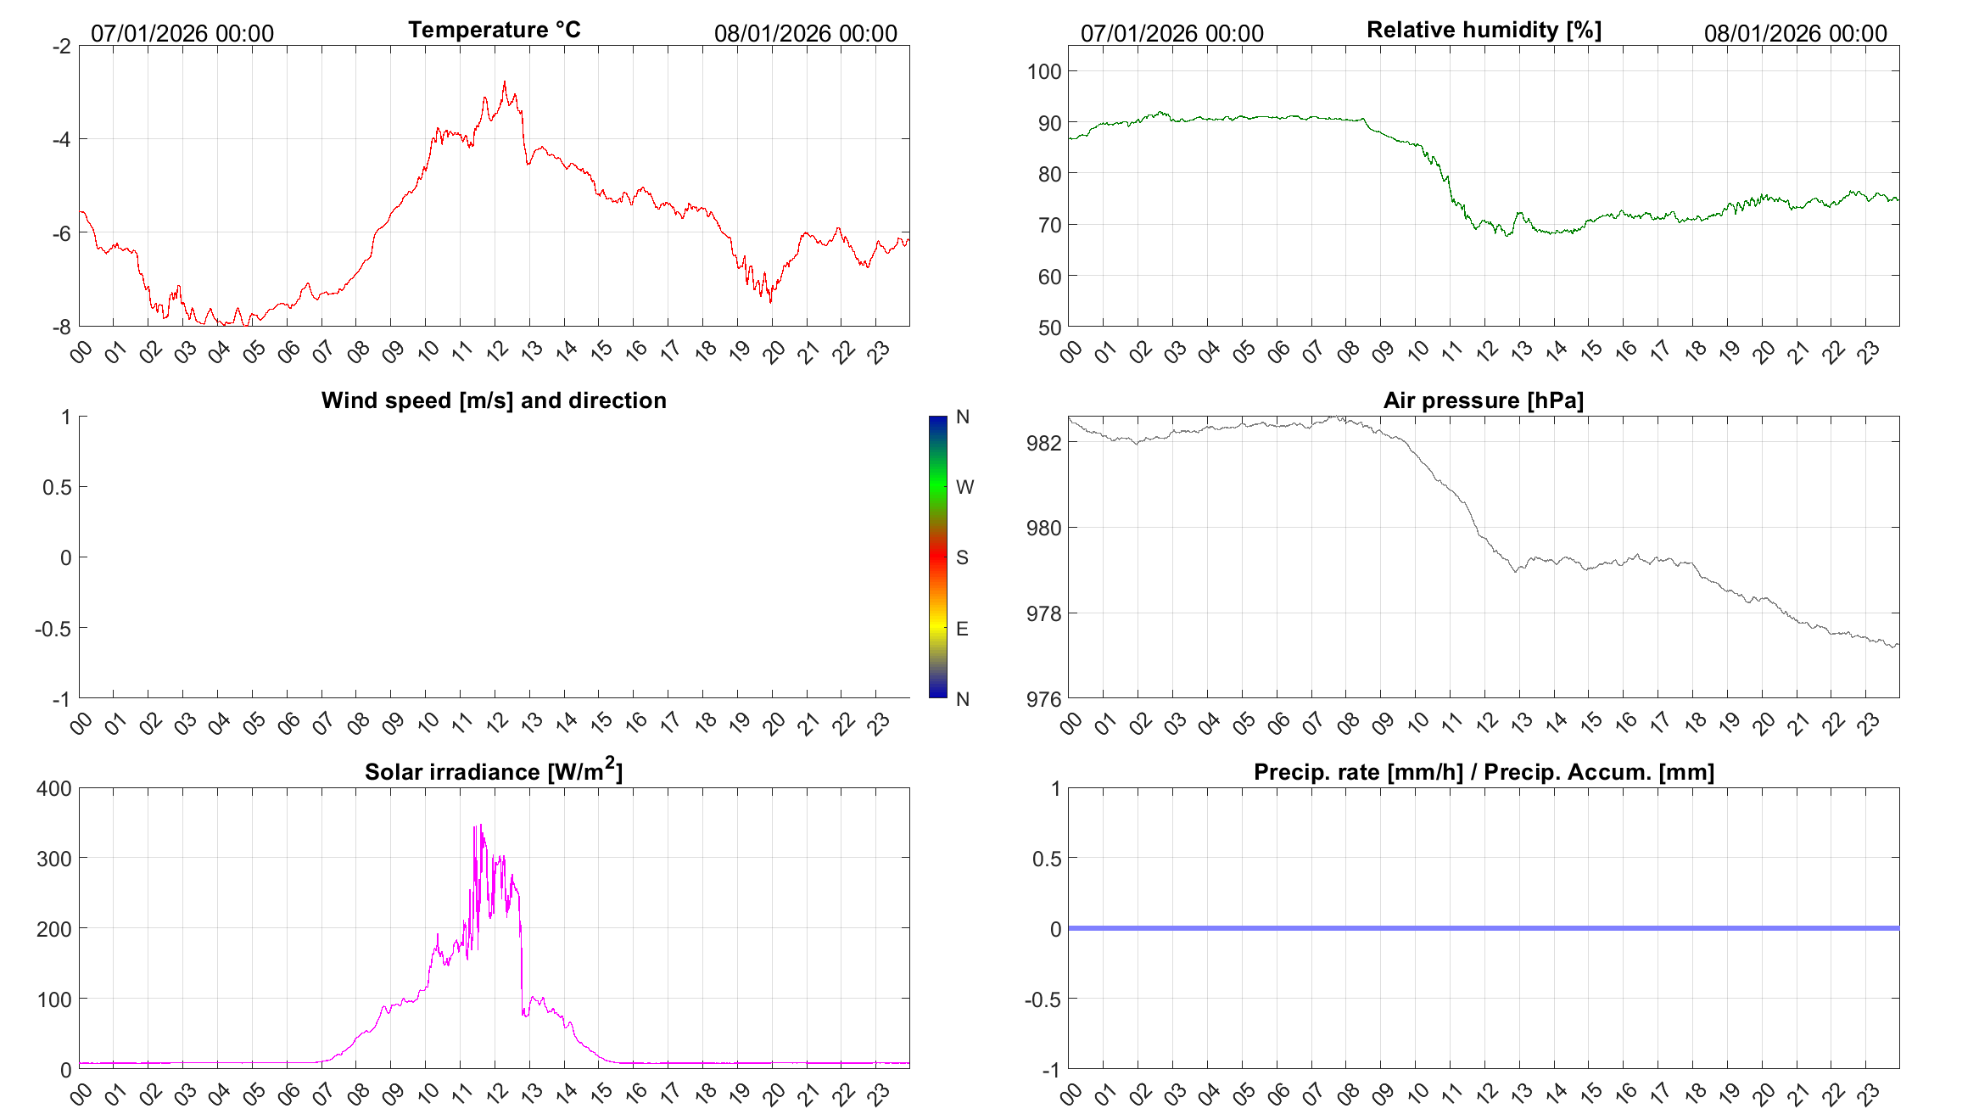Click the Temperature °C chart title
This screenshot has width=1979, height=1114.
pyautogui.click(x=494, y=30)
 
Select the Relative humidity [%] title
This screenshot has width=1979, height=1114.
pyautogui.click(x=1484, y=30)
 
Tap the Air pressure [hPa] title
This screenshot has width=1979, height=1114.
pyautogui.click(x=1483, y=400)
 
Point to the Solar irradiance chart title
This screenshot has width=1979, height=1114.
pyautogui.click(x=494, y=771)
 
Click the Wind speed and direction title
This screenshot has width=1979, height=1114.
pyautogui.click(x=494, y=400)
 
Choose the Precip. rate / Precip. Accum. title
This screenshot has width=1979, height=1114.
pyautogui.click(x=1484, y=772)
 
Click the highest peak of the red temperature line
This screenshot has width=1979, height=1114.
pyautogui.click(x=504, y=82)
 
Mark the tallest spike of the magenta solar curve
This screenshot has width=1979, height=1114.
pyautogui.click(x=480, y=825)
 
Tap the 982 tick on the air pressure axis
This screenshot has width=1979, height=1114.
pyautogui.click(x=1043, y=443)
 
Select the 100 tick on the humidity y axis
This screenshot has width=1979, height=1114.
pyautogui.click(x=1044, y=71)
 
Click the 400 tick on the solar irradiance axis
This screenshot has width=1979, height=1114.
pyautogui.click(x=54, y=788)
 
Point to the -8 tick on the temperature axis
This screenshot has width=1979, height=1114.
pyautogui.click(x=61, y=327)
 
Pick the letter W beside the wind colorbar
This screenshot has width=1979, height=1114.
pyautogui.click(x=964, y=487)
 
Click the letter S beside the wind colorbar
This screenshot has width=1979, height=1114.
pyautogui.click(x=962, y=557)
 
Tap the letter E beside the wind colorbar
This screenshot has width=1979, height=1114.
pyautogui.click(x=962, y=629)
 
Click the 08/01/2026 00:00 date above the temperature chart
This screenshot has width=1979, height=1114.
pyautogui.click(x=805, y=33)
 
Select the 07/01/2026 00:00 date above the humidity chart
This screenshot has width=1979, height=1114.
pyautogui.click(x=1171, y=33)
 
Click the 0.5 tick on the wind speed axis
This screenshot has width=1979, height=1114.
pyautogui.click(x=57, y=487)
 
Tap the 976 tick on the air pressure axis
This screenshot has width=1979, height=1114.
pyautogui.click(x=1043, y=699)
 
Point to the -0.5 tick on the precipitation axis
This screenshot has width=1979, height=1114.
pyautogui.click(x=1043, y=999)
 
